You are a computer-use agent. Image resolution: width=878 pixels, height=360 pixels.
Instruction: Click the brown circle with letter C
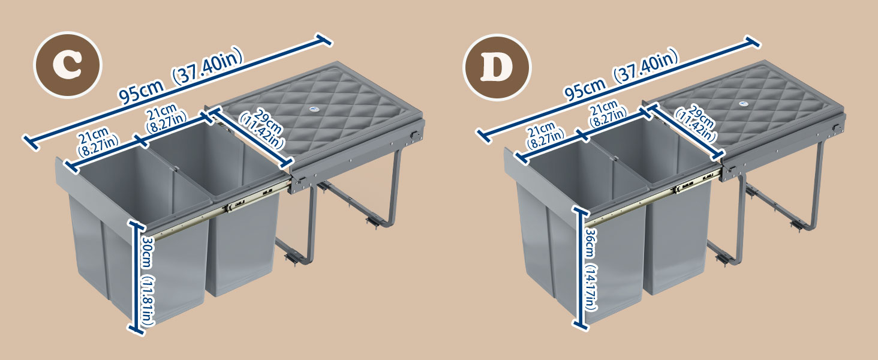68,65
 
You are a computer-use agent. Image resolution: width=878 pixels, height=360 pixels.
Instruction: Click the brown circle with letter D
497,67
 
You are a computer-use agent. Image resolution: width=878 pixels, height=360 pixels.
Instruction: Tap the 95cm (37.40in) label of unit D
621,74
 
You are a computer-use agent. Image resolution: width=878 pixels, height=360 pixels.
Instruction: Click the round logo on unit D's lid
742,104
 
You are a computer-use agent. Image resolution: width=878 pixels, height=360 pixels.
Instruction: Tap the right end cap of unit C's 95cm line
324,40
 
